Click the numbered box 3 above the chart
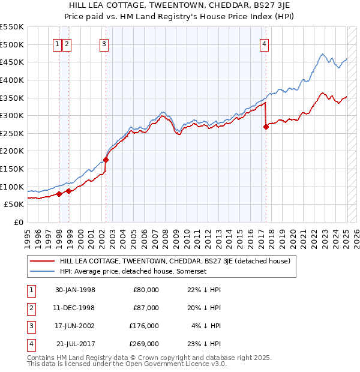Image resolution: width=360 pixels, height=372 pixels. [x=104, y=43]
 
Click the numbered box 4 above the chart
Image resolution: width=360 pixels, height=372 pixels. [x=264, y=43]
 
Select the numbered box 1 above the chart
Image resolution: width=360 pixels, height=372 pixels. [x=57, y=43]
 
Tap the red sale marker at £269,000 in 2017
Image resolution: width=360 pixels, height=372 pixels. [x=266, y=127]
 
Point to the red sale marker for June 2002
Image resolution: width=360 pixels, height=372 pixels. [x=106, y=160]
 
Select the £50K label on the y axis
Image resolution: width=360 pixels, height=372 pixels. [x=14, y=205]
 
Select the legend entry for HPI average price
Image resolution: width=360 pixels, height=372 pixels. [x=133, y=271]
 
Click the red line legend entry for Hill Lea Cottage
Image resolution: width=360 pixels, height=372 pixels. [x=175, y=261]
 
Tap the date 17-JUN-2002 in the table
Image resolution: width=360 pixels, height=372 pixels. [x=74, y=326]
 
